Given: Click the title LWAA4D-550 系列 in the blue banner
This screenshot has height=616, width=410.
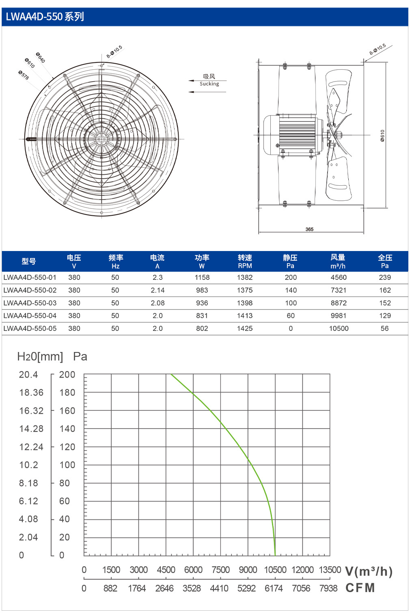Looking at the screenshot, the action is click(x=45, y=17).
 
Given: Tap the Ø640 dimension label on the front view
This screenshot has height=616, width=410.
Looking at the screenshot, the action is click(x=41, y=58).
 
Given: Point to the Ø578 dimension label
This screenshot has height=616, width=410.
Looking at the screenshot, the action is click(x=24, y=75).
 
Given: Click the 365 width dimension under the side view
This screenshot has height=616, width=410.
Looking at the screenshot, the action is click(x=309, y=229).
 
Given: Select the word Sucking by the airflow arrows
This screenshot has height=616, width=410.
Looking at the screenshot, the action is click(x=209, y=84).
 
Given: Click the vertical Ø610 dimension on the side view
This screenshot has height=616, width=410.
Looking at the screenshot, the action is click(x=382, y=135).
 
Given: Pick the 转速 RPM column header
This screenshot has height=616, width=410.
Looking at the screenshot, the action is click(x=245, y=261).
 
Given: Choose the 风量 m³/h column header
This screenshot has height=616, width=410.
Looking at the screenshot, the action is click(x=338, y=261).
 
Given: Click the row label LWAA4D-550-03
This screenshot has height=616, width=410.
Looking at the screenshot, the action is click(x=30, y=303).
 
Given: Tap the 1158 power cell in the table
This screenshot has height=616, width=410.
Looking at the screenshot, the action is click(x=202, y=277).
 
